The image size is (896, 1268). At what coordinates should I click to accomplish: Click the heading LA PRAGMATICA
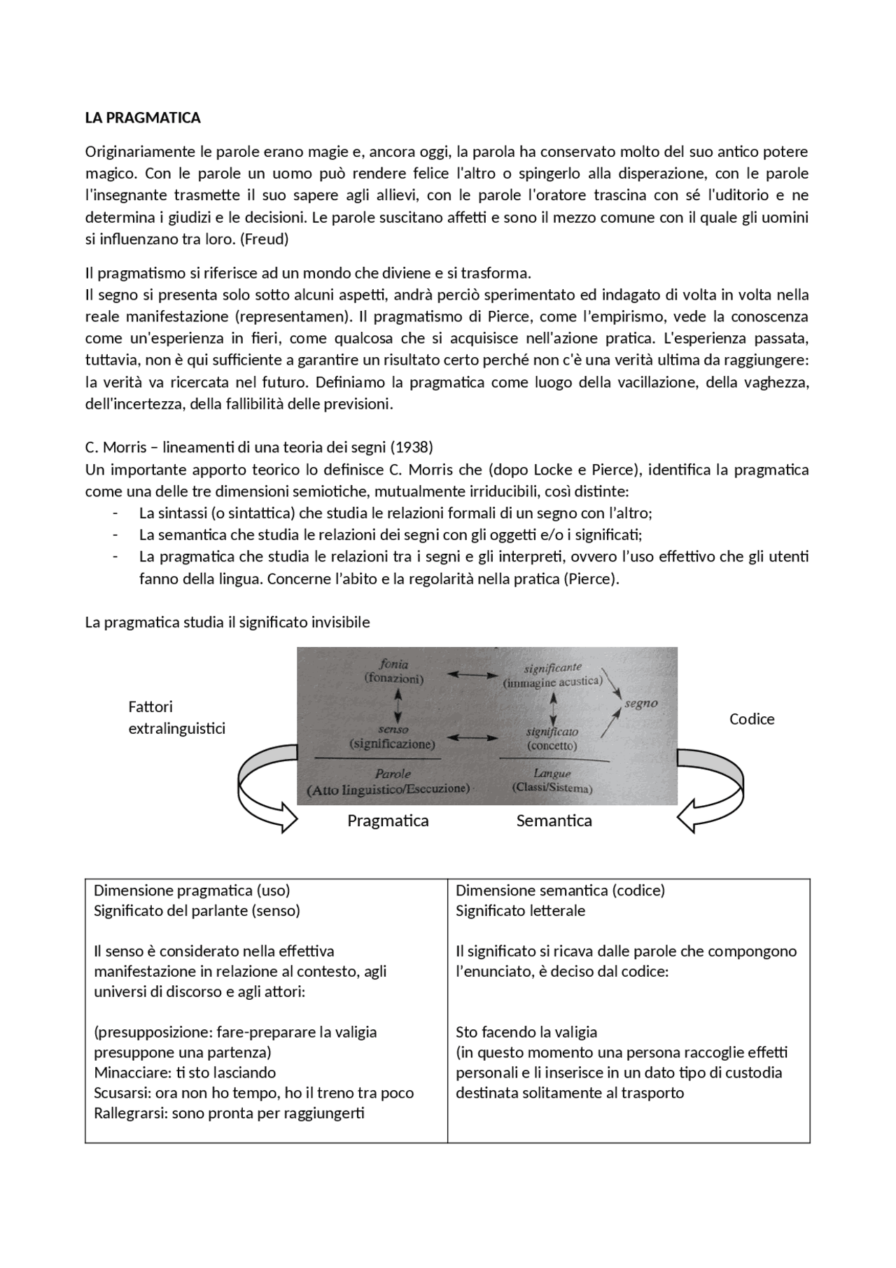tap(143, 118)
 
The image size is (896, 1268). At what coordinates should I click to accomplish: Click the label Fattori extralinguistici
tap(176, 718)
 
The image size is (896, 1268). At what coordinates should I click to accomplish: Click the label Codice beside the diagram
tap(752, 719)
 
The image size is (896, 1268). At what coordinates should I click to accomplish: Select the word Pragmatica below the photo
tap(388, 821)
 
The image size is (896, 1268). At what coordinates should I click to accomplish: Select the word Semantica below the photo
tap(554, 821)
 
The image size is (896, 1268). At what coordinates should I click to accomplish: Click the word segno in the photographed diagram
tap(640, 704)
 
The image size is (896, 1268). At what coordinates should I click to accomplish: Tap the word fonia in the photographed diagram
tap(393, 664)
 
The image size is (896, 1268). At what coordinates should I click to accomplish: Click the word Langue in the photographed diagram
tap(552, 774)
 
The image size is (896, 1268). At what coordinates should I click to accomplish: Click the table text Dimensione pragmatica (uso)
tap(192, 891)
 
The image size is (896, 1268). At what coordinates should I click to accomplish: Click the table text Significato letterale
tap(520, 911)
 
